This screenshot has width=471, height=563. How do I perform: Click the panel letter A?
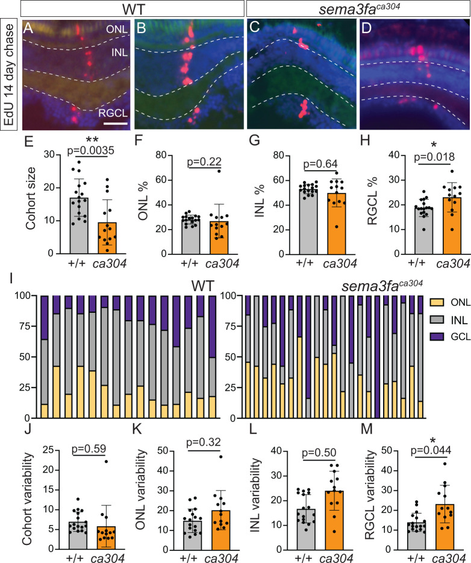pos(28,27)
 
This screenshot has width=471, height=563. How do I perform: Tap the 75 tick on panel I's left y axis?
pos(28,326)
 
